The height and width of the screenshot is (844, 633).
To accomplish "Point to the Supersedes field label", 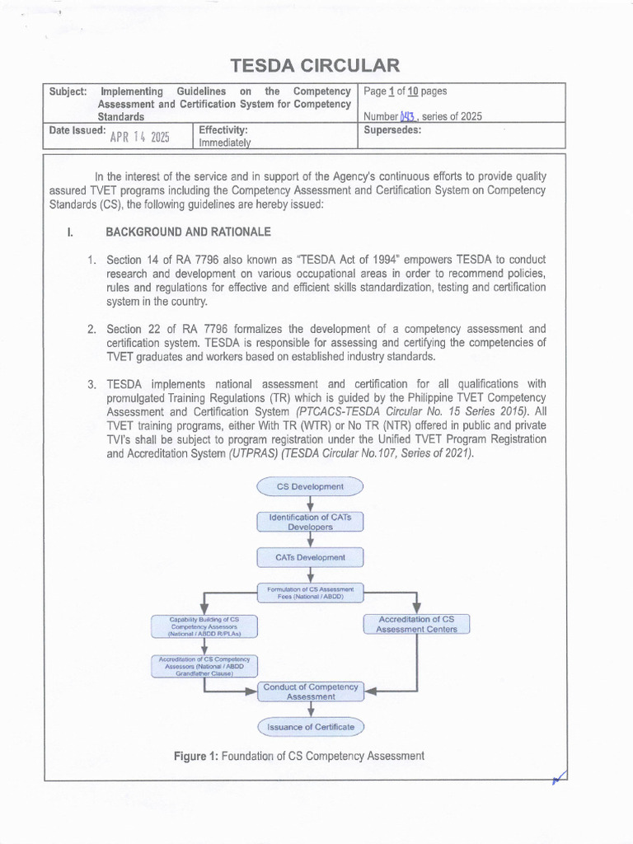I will (x=392, y=130).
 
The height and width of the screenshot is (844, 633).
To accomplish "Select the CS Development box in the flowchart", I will (x=311, y=487).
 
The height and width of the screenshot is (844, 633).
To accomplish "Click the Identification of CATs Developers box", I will (x=311, y=521).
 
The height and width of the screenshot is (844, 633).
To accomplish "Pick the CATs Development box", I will (x=311, y=557).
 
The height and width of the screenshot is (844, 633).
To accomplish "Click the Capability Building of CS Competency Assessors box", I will (x=202, y=627).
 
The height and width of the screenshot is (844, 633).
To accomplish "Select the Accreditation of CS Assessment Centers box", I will (x=416, y=624).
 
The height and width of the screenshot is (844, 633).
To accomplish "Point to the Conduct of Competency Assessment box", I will (x=311, y=692).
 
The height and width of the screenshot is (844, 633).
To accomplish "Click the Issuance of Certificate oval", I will (x=311, y=727).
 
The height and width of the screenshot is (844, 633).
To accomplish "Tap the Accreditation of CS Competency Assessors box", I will (x=202, y=665).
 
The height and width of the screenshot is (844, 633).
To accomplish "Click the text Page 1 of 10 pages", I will (x=410, y=91).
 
